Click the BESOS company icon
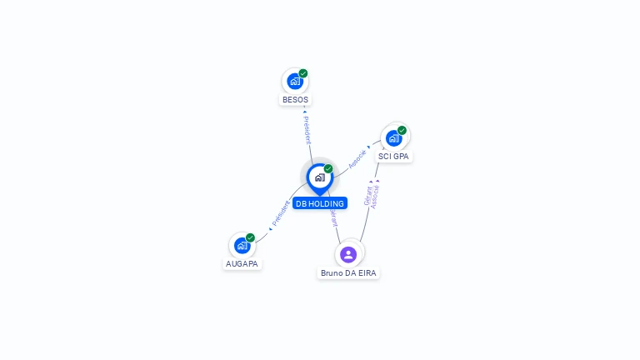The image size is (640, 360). pyautogui.click(x=294, y=81)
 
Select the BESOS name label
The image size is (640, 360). pyautogui.click(x=295, y=100)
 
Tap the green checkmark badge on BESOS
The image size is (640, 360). pyautogui.click(x=303, y=73)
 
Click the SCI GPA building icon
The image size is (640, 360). pyautogui.click(x=393, y=137)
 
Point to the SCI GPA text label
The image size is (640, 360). pyautogui.click(x=394, y=157)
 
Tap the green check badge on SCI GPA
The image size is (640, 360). pyautogui.click(x=402, y=130)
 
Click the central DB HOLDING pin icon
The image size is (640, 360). pyautogui.click(x=319, y=177)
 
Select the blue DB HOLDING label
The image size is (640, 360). pyautogui.click(x=320, y=203)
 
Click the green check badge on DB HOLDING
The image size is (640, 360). pyautogui.click(x=328, y=169)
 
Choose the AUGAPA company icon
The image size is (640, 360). pyautogui.click(x=242, y=245)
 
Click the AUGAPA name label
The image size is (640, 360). pyautogui.click(x=242, y=264)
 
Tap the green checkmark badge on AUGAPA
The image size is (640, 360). pyautogui.click(x=250, y=237)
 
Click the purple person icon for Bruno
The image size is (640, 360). pyautogui.click(x=348, y=254)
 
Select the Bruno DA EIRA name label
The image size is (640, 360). pyautogui.click(x=349, y=273)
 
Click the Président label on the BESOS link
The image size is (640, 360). pyautogui.click(x=307, y=129)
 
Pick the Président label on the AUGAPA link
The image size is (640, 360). pyautogui.click(x=282, y=214)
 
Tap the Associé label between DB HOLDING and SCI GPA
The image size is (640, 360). pyautogui.click(x=357, y=158)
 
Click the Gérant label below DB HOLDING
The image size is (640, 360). pyautogui.click(x=333, y=217)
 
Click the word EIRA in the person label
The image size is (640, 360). pyautogui.click(x=367, y=273)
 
